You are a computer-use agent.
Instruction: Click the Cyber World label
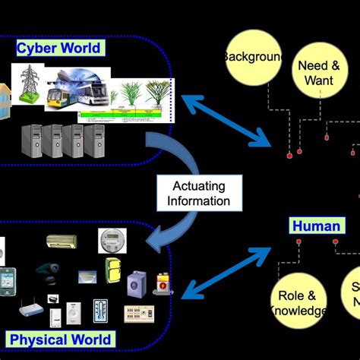tap(58, 49)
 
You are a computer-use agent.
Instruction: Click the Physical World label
tap(59, 339)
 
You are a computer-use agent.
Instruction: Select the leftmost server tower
tap(33, 141)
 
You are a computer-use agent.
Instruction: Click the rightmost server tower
tap(95, 141)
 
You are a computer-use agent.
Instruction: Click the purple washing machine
tap(137, 283)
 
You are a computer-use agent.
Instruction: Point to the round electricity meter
tap(111, 240)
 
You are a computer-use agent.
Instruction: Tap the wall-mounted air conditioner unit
tap(60, 242)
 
